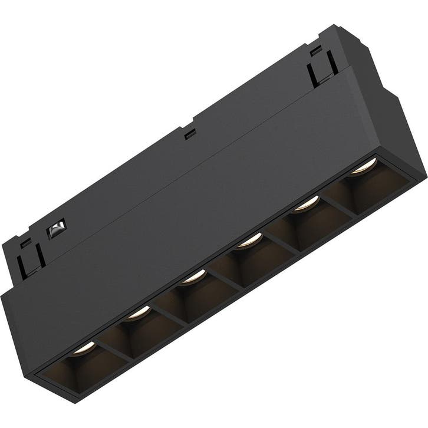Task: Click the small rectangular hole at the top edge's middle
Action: (189, 135)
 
